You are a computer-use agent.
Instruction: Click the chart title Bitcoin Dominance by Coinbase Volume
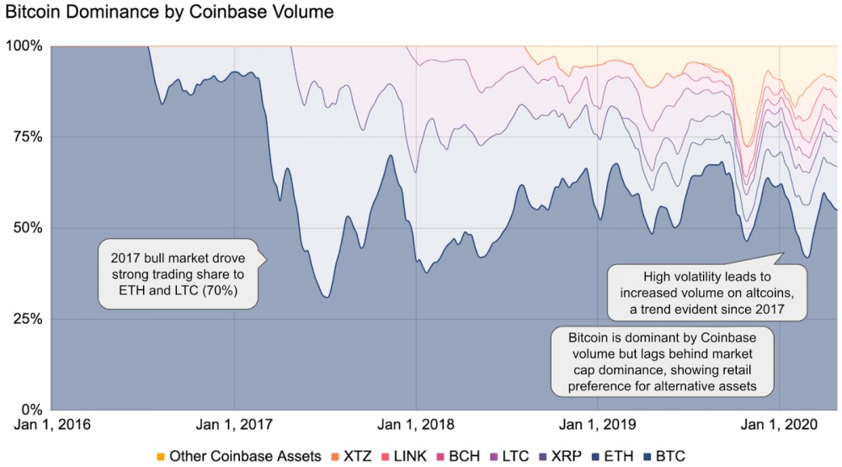coord(169,13)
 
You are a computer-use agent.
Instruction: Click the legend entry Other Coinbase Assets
coord(238,456)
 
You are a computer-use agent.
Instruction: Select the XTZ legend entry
coord(356,456)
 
